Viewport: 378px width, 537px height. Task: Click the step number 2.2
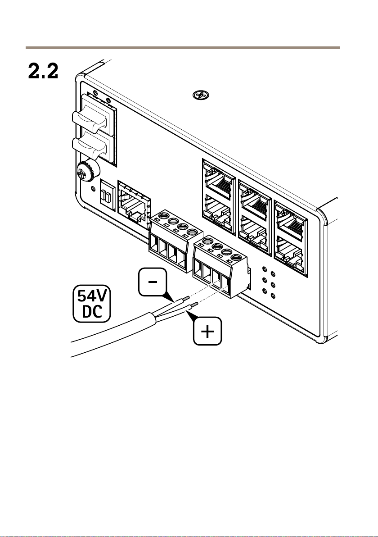click(43, 71)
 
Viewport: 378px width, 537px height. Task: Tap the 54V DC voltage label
click(92, 304)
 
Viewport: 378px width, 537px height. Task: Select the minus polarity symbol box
click(153, 282)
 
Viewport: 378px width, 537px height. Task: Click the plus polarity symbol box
click(207, 331)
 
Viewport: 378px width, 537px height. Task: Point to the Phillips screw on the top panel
click(201, 95)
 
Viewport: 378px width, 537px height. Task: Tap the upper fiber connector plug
click(90, 118)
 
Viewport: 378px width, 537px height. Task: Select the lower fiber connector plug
click(90, 147)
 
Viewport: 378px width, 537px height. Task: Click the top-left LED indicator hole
click(264, 269)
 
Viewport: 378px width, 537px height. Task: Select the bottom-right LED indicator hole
click(273, 296)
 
